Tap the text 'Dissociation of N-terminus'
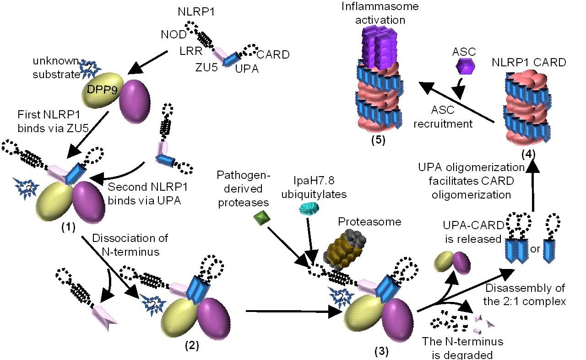click(x=130, y=244)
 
